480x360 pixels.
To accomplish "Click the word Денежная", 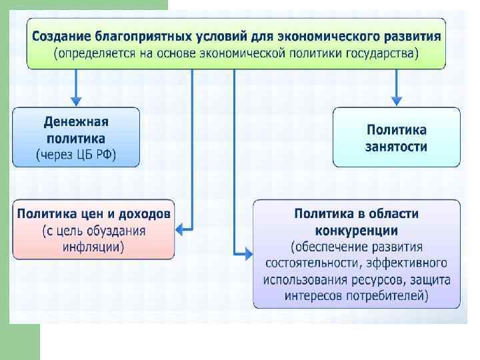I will click(x=76, y=123).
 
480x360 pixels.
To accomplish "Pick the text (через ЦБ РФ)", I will click(x=76, y=155).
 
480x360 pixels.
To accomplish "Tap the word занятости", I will click(x=397, y=146).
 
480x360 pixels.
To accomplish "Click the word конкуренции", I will click(x=357, y=231).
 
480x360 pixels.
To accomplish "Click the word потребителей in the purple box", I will click(x=388, y=295).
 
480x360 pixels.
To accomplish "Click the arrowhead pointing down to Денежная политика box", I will click(x=76, y=100).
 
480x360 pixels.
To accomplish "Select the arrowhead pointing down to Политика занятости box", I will click(x=397, y=100).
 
